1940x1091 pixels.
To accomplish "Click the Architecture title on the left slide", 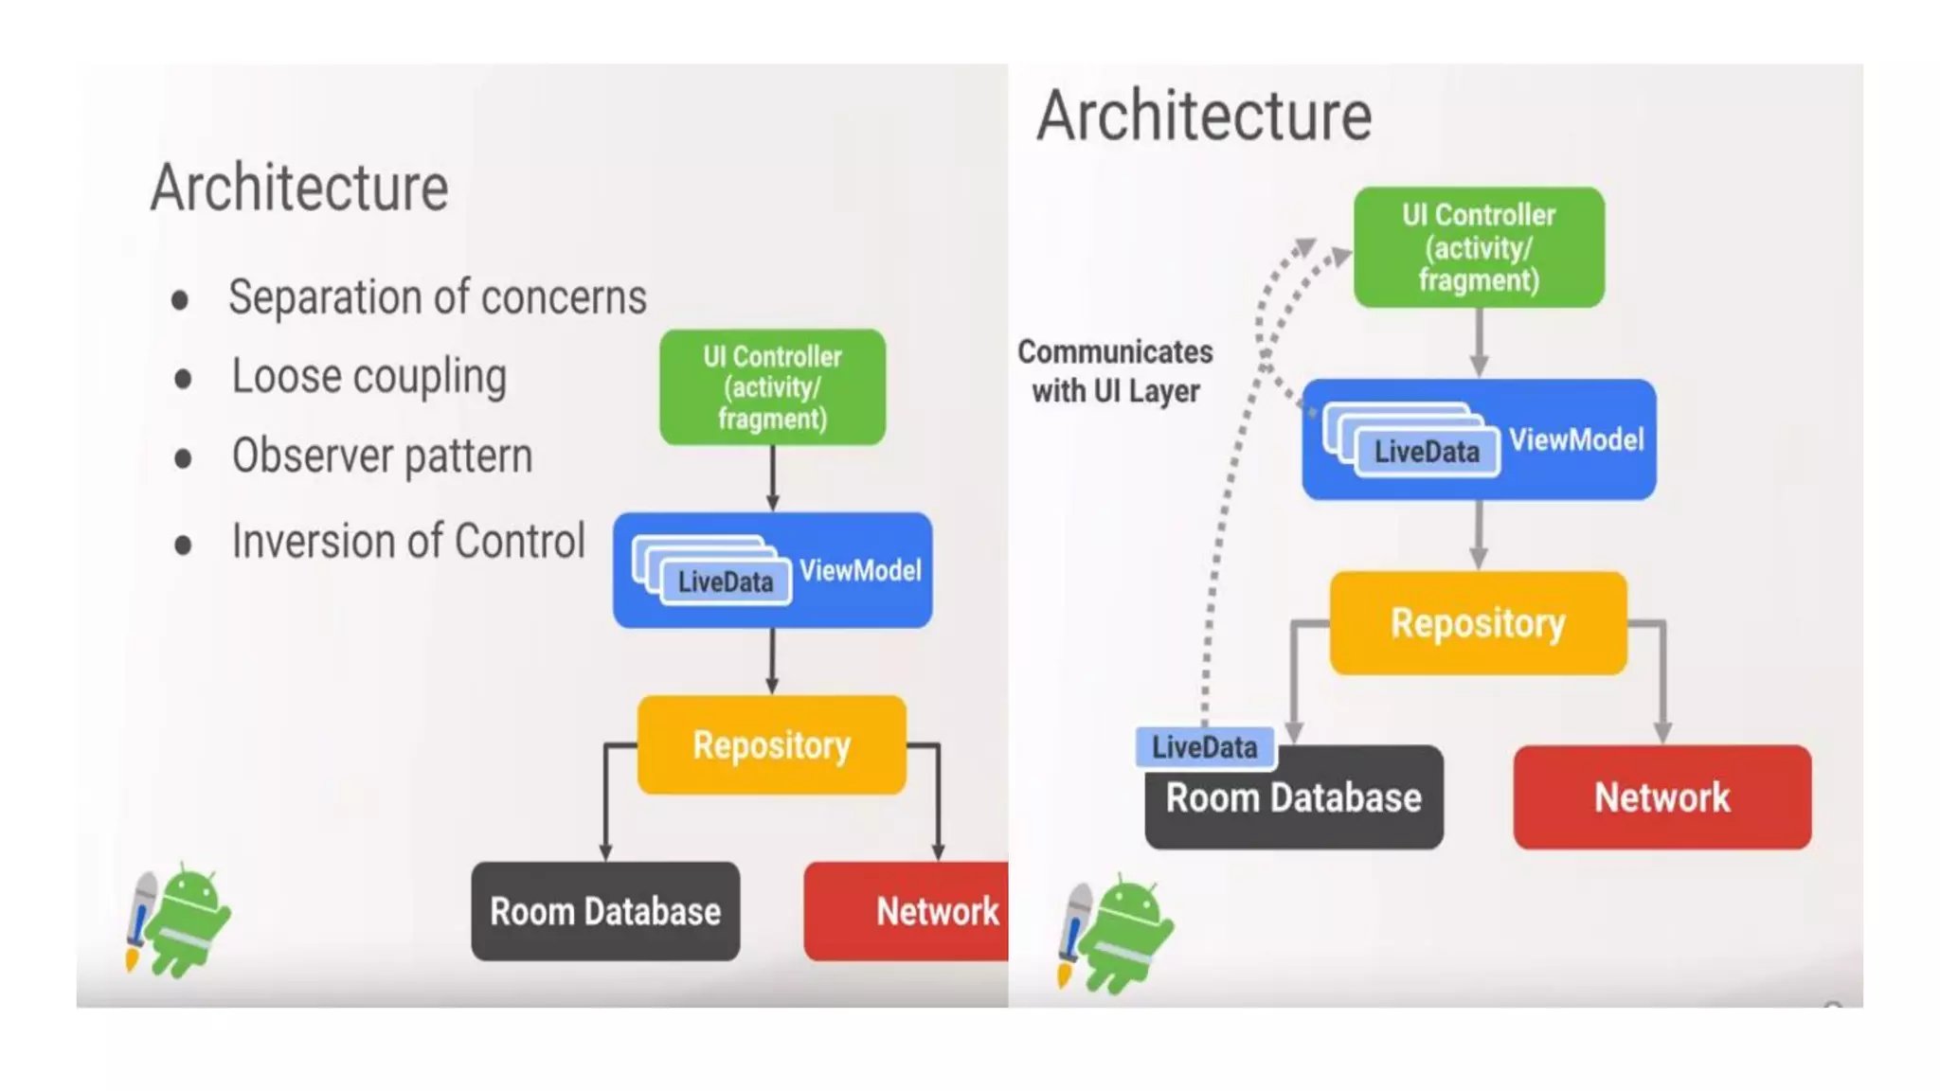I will pyautogui.click(x=299, y=188).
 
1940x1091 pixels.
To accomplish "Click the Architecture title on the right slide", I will pyautogui.click(x=1204, y=116).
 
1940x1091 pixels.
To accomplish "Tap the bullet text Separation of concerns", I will pyautogui.click(x=437, y=297).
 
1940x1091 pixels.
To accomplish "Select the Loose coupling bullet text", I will pyautogui.click(x=369, y=376).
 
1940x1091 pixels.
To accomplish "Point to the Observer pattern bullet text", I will pyautogui.click(x=382, y=456).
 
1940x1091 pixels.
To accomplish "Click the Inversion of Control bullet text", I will pyautogui.click(x=408, y=542).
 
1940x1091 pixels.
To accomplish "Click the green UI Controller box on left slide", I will pyautogui.click(x=772, y=387).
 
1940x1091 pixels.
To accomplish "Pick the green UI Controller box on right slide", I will pyautogui.click(x=1478, y=247).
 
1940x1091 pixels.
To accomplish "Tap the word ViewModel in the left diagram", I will pyautogui.click(x=860, y=570).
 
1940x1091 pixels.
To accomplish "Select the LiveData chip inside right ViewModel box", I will pyautogui.click(x=1427, y=452).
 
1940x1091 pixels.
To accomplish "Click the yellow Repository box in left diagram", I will pyautogui.click(x=771, y=745).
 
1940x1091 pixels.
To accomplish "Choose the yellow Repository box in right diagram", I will pyautogui.click(x=1478, y=623).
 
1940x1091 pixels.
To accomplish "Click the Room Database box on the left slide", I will pyautogui.click(x=605, y=911).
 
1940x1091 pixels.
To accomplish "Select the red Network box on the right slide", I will pyautogui.click(x=1662, y=797).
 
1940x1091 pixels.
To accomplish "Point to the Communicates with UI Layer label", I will pyautogui.click(x=1115, y=371).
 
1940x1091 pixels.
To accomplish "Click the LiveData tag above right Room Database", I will pyautogui.click(x=1204, y=747).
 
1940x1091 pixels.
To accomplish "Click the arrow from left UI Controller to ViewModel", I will pyautogui.click(x=773, y=478).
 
